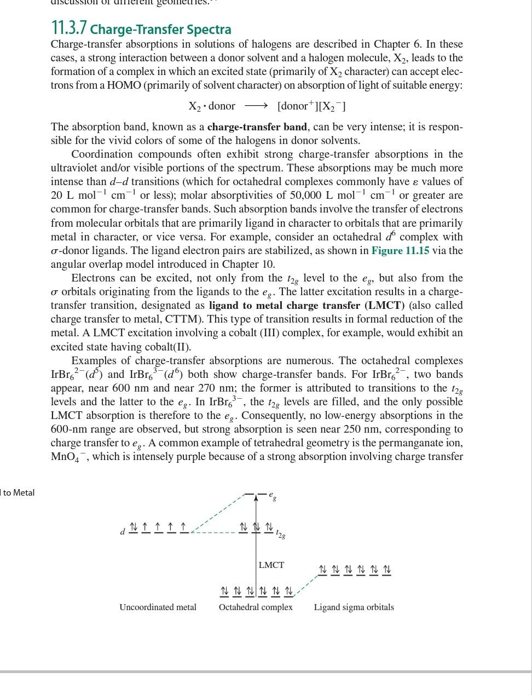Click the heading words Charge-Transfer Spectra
[161, 29]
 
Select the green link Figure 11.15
[400, 250]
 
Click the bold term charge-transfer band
[257, 127]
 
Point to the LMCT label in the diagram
[271, 565]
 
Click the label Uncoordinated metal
[158, 607]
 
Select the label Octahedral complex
[256, 607]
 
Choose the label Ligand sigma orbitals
[354, 607]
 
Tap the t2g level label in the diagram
[280, 533]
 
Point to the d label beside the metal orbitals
[123, 531]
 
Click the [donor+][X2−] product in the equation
[311, 106]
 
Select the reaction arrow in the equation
[256, 106]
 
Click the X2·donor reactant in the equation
[212, 106]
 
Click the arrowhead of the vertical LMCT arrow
[256, 498]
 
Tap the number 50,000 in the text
[302, 196]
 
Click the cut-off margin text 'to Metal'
[18, 492]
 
